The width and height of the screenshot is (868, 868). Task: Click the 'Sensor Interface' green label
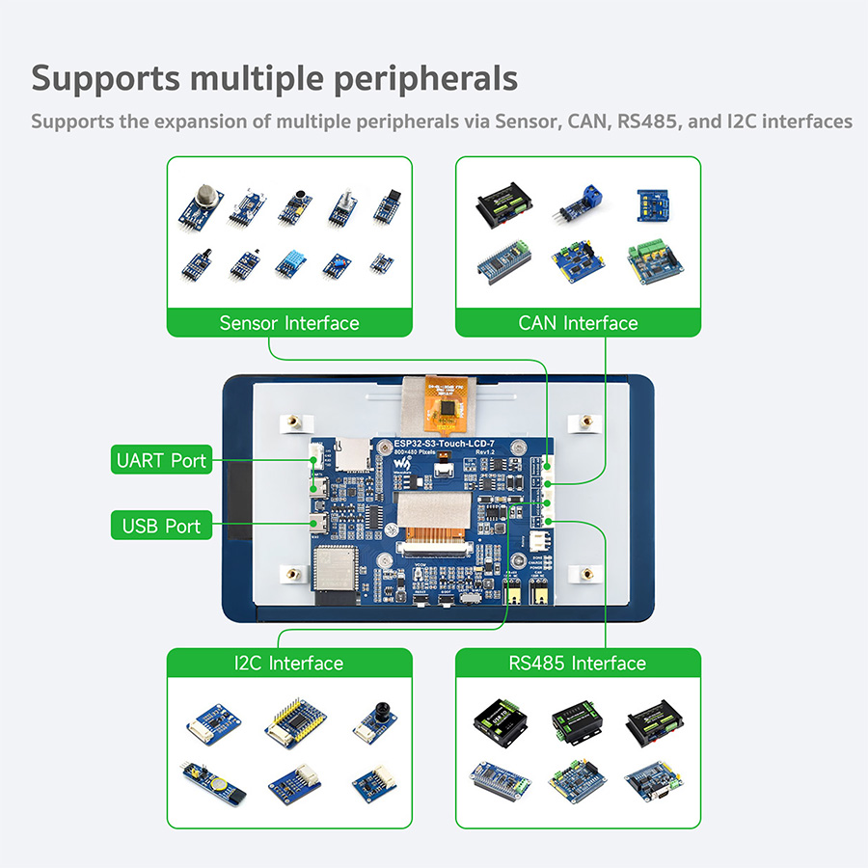pyautogui.click(x=289, y=323)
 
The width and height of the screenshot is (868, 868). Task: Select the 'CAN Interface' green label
pyautogui.click(x=578, y=323)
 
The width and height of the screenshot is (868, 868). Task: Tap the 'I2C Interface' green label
pyautogui.click(x=289, y=664)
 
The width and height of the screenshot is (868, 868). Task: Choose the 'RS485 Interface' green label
pyautogui.click(x=578, y=664)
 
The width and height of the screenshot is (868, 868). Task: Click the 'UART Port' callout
pyautogui.click(x=161, y=460)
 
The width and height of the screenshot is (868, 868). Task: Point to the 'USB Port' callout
pyautogui.click(x=161, y=526)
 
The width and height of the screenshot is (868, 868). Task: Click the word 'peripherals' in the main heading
pyautogui.click(x=425, y=78)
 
